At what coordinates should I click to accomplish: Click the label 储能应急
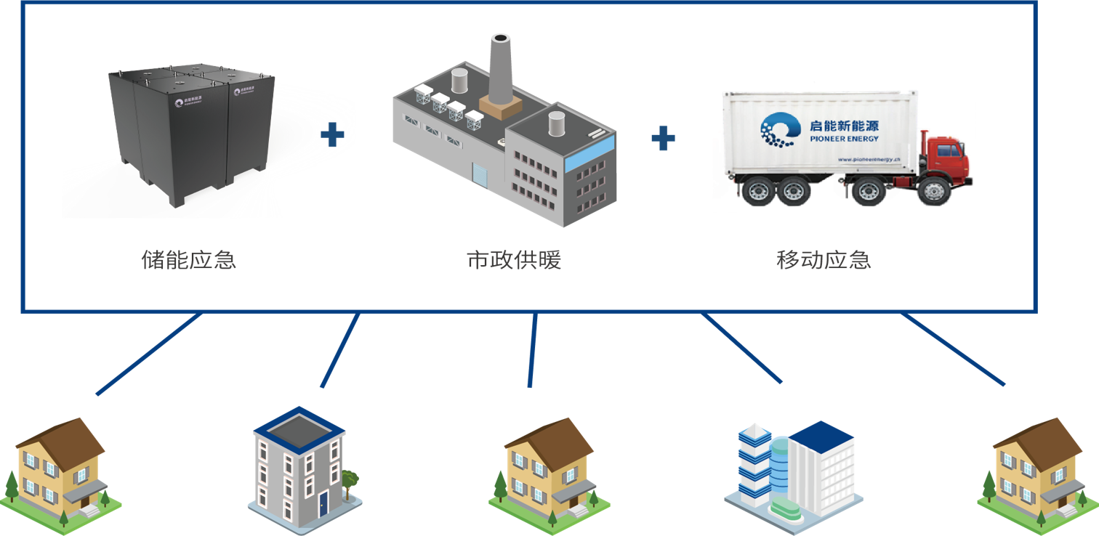188,260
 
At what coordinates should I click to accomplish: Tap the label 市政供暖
514,260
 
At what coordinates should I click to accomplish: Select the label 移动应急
824,260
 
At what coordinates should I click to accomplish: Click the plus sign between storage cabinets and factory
332,135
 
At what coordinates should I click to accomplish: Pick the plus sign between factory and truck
663,137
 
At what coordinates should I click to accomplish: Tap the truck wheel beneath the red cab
930,193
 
